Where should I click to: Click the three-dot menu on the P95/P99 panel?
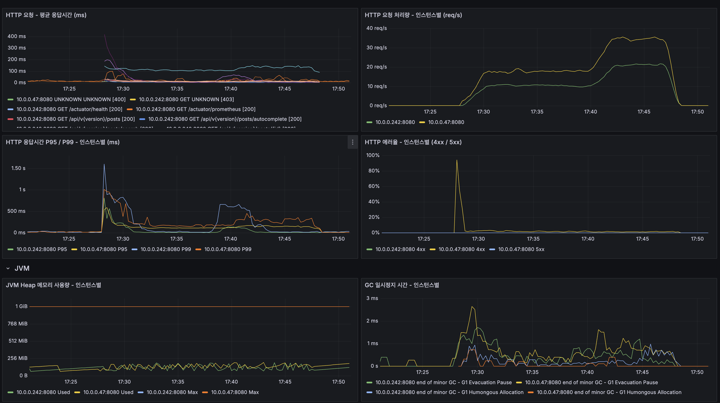(x=352, y=142)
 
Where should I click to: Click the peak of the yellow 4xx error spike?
(x=457, y=160)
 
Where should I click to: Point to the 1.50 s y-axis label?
(x=18, y=168)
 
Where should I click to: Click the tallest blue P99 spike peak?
(x=104, y=165)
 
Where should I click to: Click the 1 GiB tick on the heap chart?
(x=21, y=306)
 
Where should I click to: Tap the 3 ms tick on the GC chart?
(x=372, y=298)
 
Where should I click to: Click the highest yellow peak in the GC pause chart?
(x=472, y=307)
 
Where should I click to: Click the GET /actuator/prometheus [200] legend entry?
(x=195, y=109)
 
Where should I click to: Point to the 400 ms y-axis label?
(x=17, y=36)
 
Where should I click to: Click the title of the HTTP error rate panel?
(x=413, y=142)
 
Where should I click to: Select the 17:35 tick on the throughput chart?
(x=537, y=112)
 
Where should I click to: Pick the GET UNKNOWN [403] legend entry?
(x=186, y=99)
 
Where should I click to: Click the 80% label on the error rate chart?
(x=374, y=171)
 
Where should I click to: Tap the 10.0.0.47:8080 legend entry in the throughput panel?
(x=446, y=122)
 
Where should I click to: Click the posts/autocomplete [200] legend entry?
(x=224, y=119)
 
